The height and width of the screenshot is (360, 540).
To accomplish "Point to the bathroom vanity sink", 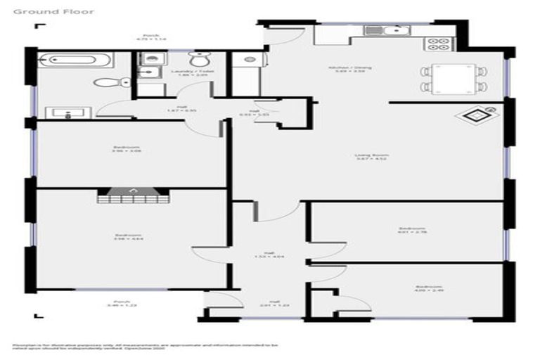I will pos(65,111).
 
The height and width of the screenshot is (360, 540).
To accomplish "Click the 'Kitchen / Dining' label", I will pos(349,70).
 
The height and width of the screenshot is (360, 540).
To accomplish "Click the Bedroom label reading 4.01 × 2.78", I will pos(412,231).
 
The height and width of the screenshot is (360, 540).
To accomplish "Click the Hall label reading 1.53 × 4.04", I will pos(269,255).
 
